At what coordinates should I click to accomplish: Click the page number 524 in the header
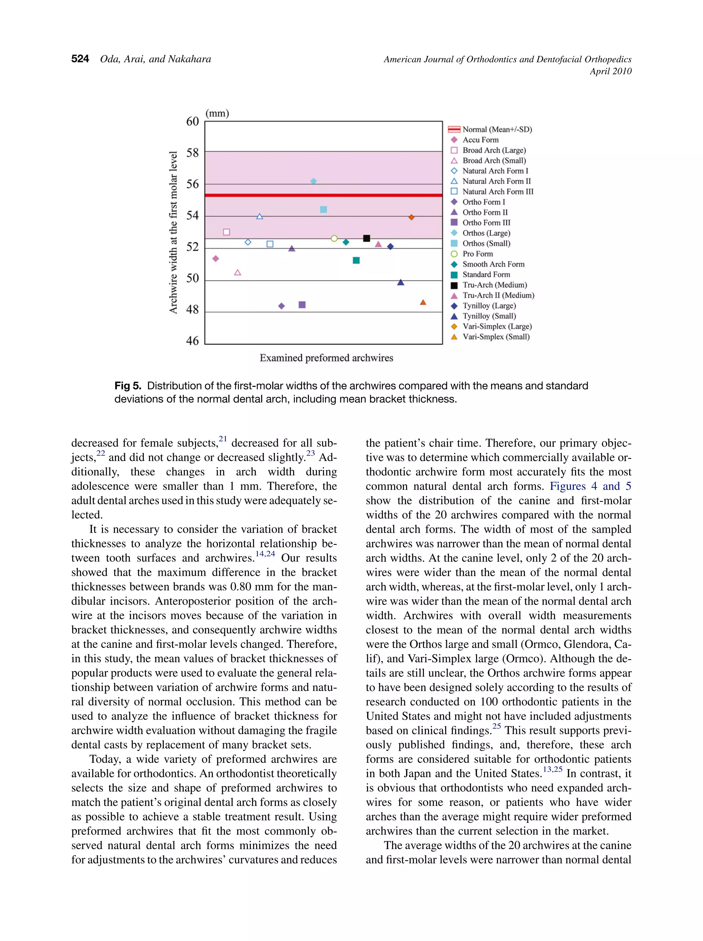click(80, 59)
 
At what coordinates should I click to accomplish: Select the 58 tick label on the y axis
click(192, 153)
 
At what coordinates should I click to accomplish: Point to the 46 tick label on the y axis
click(192, 341)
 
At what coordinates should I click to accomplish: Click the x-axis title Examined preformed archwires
click(326, 358)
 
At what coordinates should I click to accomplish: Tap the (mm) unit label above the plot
click(217, 113)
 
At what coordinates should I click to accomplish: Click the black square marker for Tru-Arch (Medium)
click(367, 238)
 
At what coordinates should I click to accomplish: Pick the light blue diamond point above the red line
click(313, 181)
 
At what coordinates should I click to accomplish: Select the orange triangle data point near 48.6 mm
click(423, 302)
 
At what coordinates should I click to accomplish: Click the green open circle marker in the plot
click(334, 239)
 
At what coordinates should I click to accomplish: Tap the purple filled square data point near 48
click(302, 305)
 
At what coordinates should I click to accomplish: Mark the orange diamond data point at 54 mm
click(411, 217)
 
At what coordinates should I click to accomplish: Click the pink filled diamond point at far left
click(216, 259)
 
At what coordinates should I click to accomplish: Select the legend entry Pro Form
click(477, 254)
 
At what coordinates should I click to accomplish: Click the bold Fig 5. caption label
click(128, 386)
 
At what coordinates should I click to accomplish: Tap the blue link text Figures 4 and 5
click(590, 486)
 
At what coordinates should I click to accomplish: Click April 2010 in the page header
click(610, 71)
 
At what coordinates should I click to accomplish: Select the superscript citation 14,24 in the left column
click(265, 554)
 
